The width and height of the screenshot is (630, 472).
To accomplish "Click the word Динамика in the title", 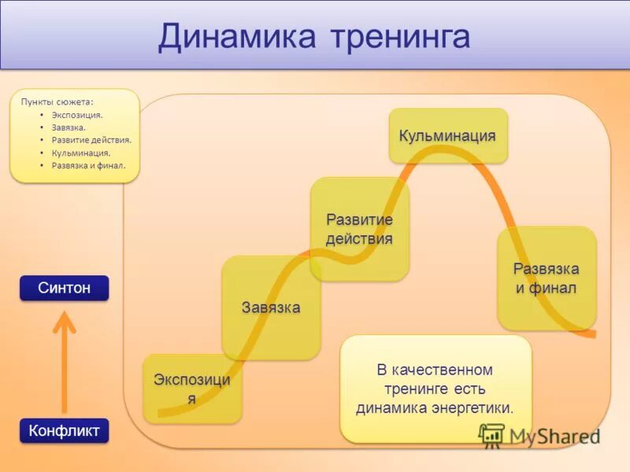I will (237, 37).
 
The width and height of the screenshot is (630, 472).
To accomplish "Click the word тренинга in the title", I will (399, 37).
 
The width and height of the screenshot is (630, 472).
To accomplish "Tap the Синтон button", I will (64, 288).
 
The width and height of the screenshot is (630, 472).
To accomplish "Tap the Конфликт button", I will (64, 430).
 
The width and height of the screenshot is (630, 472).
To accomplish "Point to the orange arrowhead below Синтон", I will (64, 320).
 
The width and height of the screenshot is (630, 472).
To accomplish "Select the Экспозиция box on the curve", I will (192, 389).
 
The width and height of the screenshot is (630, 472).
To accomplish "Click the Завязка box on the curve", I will (271, 307).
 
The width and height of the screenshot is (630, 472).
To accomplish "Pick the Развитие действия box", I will (359, 229).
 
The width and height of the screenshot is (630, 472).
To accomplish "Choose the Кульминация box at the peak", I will (447, 136).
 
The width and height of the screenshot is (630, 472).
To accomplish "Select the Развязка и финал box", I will (546, 278).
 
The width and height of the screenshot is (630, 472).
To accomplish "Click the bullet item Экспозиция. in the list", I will (77, 115).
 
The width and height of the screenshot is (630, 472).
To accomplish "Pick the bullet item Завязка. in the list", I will (69, 127).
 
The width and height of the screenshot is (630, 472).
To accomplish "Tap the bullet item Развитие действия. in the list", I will (91, 140).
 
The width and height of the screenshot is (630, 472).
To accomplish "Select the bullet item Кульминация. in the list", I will (80, 153).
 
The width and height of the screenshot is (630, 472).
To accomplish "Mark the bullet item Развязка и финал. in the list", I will (88, 165).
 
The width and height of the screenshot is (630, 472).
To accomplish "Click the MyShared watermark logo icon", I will (492, 436).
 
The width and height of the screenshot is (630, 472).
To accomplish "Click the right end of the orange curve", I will (592, 334).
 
